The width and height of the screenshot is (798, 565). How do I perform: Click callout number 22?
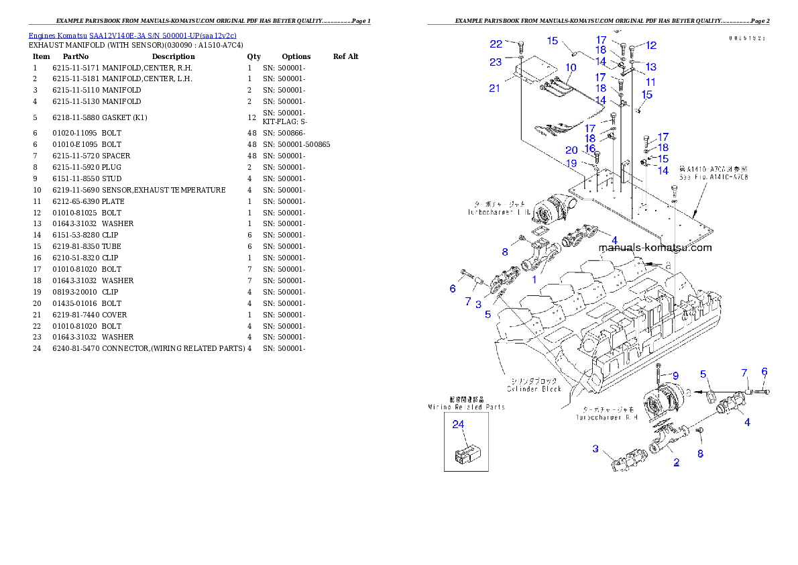coord(496,44)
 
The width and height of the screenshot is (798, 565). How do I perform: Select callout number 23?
coord(496,62)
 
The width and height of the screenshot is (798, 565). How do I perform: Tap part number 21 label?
coord(494,89)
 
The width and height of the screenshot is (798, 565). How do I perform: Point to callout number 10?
coord(571,68)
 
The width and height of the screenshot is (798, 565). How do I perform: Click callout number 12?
coord(650,46)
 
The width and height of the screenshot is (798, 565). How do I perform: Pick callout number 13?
coord(650,67)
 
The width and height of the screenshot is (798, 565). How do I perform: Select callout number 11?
coord(650,82)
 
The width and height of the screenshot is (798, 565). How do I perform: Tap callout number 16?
coord(590,148)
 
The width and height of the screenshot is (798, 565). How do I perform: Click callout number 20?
coord(571,150)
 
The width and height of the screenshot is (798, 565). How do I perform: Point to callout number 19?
coord(571,163)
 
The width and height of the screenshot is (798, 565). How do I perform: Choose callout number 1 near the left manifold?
coord(534,280)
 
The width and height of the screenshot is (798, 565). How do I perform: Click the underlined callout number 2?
coord(677,462)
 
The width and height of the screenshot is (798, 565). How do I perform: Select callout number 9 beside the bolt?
coord(675,375)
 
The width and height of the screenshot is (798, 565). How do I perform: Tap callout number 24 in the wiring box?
coord(458,424)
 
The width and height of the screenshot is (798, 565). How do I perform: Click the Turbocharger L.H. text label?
coord(499,207)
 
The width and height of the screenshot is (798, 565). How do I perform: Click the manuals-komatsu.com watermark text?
coord(655,248)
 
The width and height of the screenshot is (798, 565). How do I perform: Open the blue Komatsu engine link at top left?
coord(132,36)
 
